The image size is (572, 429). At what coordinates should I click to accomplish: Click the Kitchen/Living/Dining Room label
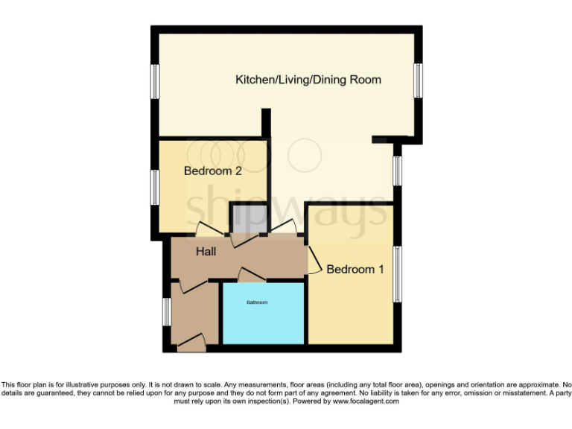click(x=308, y=80)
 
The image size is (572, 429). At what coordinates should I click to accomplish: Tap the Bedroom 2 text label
click(x=212, y=171)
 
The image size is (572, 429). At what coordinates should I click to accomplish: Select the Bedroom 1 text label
click(x=355, y=269)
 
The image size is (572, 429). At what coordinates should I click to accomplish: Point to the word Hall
click(x=206, y=252)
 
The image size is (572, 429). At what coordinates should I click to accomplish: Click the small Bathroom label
click(x=257, y=302)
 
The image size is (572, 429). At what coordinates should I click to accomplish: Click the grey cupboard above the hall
click(x=248, y=218)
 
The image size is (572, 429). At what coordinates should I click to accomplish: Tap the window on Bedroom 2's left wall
click(x=155, y=186)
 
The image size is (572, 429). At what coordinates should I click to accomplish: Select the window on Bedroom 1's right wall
click(x=398, y=274)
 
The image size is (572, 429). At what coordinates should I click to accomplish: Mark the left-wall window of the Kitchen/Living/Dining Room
click(x=155, y=80)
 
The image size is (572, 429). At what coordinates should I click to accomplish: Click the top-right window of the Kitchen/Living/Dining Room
click(x=419, y=80)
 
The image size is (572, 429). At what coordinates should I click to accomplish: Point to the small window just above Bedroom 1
click(x=398, y=171)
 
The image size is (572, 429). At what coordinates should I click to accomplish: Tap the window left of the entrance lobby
click(x=167, y=311)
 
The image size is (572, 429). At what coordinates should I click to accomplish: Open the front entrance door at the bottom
click(x=191, y=343)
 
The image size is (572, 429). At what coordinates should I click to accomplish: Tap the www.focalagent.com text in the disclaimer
click(x=365, y=401)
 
